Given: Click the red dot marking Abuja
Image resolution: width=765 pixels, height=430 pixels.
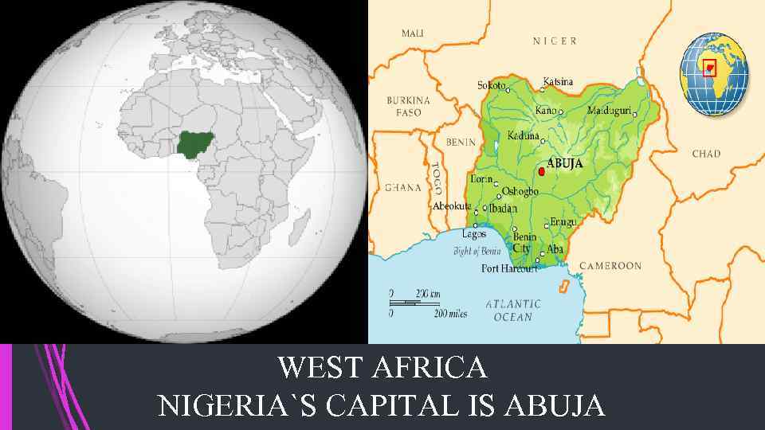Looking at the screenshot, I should [542, 171].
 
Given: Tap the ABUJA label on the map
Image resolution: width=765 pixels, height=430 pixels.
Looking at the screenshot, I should [564, 163].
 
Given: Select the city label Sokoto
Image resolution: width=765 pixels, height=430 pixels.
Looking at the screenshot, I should [491, 85].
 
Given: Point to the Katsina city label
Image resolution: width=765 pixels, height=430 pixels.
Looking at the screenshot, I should [558, 81].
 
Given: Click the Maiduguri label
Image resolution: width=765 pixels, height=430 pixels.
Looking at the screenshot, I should [609, 109].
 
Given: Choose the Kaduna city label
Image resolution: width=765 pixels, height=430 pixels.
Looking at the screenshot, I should [524, 136].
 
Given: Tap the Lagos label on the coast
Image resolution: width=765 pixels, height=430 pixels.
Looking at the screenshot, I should [474, 234].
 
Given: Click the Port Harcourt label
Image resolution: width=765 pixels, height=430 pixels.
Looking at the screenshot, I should [511, 268].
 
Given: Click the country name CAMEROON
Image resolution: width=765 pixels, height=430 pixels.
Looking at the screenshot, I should [610, 265].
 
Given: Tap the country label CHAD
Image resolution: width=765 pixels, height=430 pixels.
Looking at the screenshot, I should [706, 154].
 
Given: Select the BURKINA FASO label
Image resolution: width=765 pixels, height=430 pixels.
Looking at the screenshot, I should [409, 107].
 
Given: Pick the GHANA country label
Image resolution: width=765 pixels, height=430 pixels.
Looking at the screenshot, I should [403, 188].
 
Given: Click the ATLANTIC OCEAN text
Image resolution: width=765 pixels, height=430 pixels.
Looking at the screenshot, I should [513, 310].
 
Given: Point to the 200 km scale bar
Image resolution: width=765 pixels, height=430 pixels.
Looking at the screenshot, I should [414, 299].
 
